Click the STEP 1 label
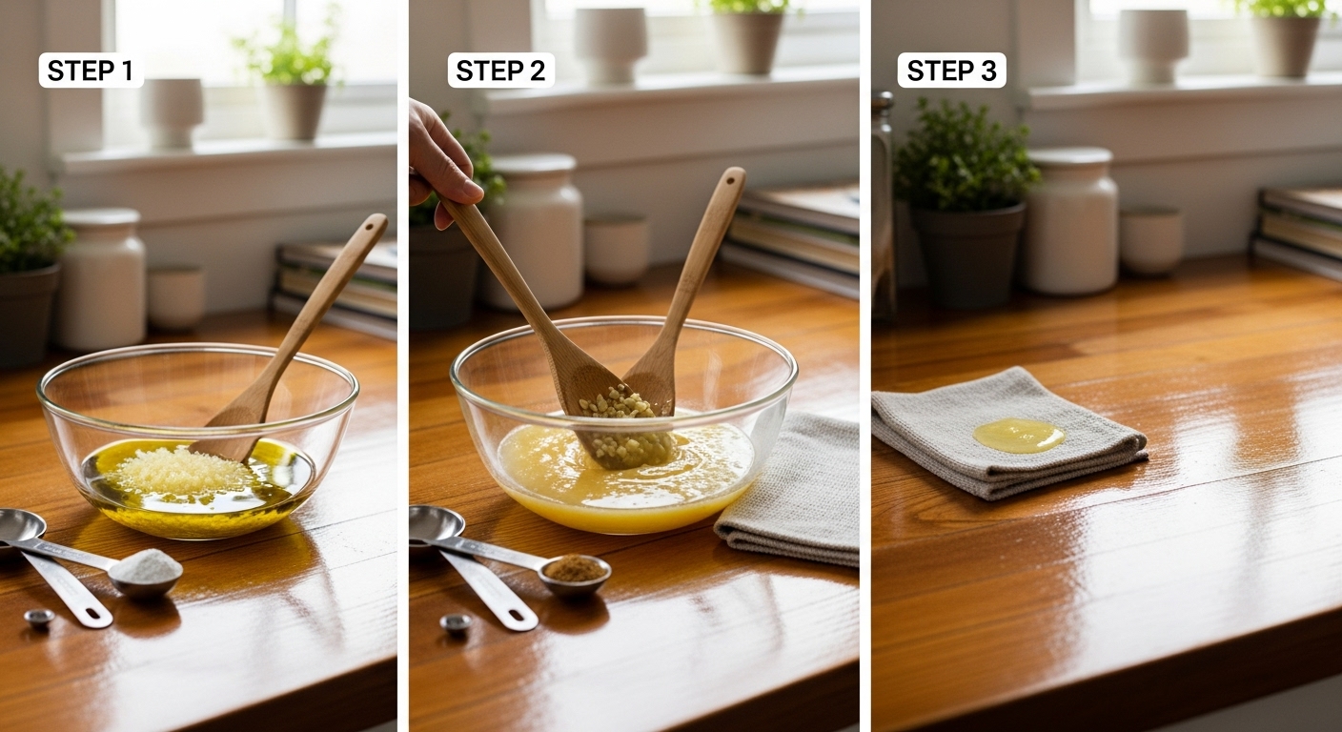click(x=91, y=71)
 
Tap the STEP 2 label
click(x=500, y=71)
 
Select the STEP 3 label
click(x=951, y=71)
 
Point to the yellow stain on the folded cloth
click(x=1019, y=436)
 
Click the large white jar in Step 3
click(x=1072, y=222)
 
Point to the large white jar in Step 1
click(x=103, y=278)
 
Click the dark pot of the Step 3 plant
click(x=966, y=254)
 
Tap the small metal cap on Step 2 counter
click(x=456, y=623)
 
